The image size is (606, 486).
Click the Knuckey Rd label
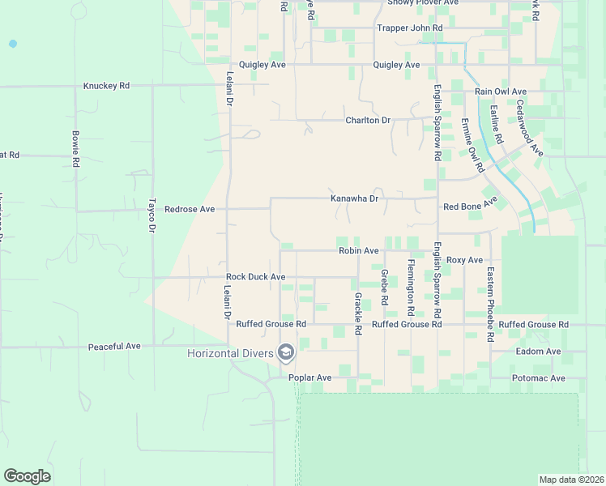click(106, 85)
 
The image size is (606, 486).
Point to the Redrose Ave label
click(190, 209)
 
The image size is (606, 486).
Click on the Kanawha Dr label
click(355, 198)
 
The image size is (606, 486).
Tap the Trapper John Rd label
click(410, 28)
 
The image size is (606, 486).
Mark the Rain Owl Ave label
click(501, 92)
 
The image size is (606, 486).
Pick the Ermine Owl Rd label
click(472, 146)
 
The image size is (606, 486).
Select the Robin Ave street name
click(359, 251)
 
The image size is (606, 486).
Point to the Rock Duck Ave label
click(255, 277)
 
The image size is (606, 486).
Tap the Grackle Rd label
click(357, 313)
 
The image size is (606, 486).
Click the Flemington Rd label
click(411, 288)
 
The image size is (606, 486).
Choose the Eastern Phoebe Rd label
click(490, 304)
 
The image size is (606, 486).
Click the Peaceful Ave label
click(114, 347)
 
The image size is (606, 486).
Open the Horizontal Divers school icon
click(286, 352)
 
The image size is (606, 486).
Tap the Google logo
click(27, 476)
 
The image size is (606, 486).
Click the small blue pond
click(12, 43)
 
